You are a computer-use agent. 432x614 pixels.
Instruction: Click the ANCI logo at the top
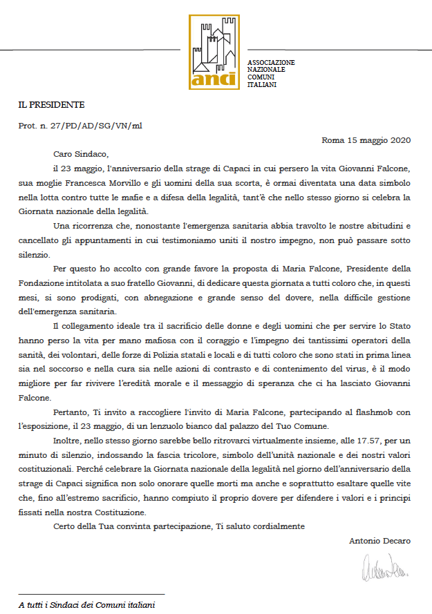coord(215,52)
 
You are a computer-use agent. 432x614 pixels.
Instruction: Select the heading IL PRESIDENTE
coord(51,105)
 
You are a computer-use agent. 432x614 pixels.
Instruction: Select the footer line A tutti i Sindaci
coord(86,605)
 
